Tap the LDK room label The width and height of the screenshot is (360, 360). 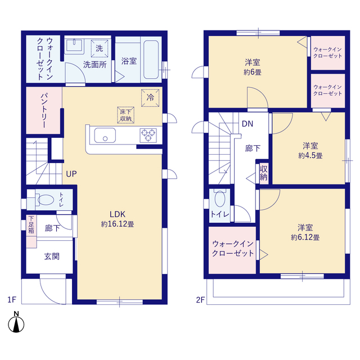point(118,214)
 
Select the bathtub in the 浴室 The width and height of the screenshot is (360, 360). point(151,60)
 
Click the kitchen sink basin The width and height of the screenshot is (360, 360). point(105,135)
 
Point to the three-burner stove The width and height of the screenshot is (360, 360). point(148,135)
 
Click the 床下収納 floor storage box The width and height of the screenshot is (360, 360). point(125,115)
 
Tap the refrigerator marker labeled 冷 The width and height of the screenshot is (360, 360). point(150,98)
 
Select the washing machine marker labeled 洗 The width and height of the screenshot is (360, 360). point(99,48)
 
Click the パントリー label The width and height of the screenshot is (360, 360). point(44,110)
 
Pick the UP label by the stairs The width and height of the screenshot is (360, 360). point(71,174)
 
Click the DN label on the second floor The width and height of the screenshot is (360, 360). point(247,124)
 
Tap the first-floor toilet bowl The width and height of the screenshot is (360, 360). point(45,200)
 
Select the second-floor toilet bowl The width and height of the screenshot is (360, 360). point(220,199)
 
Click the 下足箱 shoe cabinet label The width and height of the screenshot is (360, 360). point(31,224)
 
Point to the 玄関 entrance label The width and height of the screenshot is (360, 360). point(52,256)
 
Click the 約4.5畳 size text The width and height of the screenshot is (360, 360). point(310,156)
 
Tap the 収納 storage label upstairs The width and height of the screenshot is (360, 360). point(264,173)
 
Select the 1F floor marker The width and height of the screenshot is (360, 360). point(12,300)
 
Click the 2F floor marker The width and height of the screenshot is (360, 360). point(200,300)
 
